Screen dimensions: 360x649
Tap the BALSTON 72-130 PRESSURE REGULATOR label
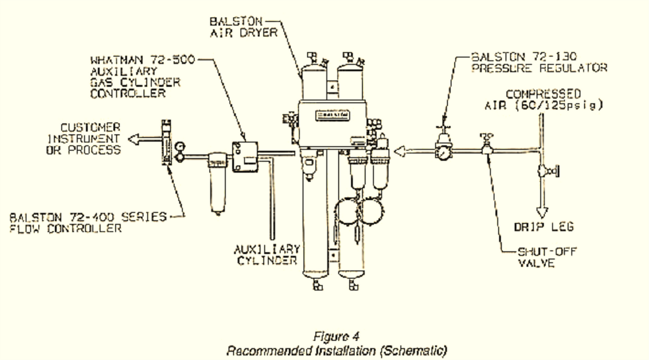click(x=539, y=62)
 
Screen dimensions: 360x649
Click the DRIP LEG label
click(x=543, y=227)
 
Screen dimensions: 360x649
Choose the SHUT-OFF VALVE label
click(x=547, y=257)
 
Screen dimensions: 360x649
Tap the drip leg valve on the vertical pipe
click(x=546, y=171)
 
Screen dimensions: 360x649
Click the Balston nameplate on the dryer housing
click(x=332, y=115)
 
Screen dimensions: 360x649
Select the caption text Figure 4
click(x=336, y=336)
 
